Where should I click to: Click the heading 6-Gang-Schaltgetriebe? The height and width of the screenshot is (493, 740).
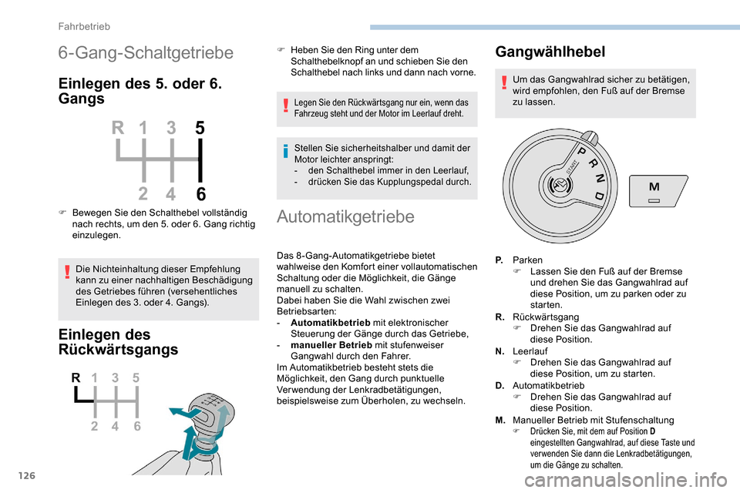(x=146, y=53)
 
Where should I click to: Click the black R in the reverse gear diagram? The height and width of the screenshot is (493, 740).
(x=76, y=378)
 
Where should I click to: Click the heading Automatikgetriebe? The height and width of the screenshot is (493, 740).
(x=345, y=216)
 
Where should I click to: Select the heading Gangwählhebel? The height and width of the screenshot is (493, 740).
(x=550, y=52)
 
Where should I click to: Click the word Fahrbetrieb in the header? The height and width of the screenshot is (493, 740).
(x=85, y=26)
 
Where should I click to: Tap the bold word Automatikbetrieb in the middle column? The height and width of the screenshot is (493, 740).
(x=331, y=322)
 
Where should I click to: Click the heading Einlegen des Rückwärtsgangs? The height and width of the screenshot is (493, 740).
(x=118, y=341)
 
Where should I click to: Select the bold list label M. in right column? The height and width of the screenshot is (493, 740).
(x=500, y=420)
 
